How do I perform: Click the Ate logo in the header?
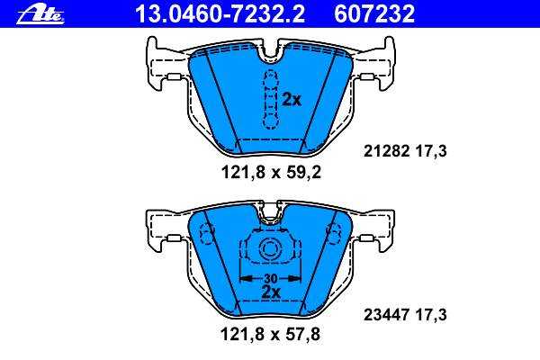40,15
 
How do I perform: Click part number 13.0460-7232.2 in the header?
220,14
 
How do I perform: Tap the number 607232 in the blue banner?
374,14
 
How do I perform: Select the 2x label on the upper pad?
292,100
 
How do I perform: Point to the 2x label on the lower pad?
271,292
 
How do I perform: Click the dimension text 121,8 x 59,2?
271,172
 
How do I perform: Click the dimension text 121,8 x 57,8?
270,334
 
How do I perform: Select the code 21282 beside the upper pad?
386,151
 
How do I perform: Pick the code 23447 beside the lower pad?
386,314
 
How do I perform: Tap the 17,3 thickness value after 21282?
431,151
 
